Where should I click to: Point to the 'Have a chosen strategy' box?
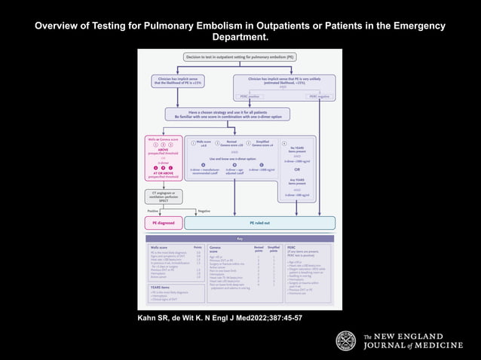[239, 114]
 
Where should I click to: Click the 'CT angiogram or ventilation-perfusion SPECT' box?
[164, 196]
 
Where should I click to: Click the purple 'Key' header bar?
[239, 239]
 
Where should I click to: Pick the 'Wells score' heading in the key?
[159, 246]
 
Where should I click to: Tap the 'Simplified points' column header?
[274, 248]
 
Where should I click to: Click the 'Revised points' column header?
[257, 248]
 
